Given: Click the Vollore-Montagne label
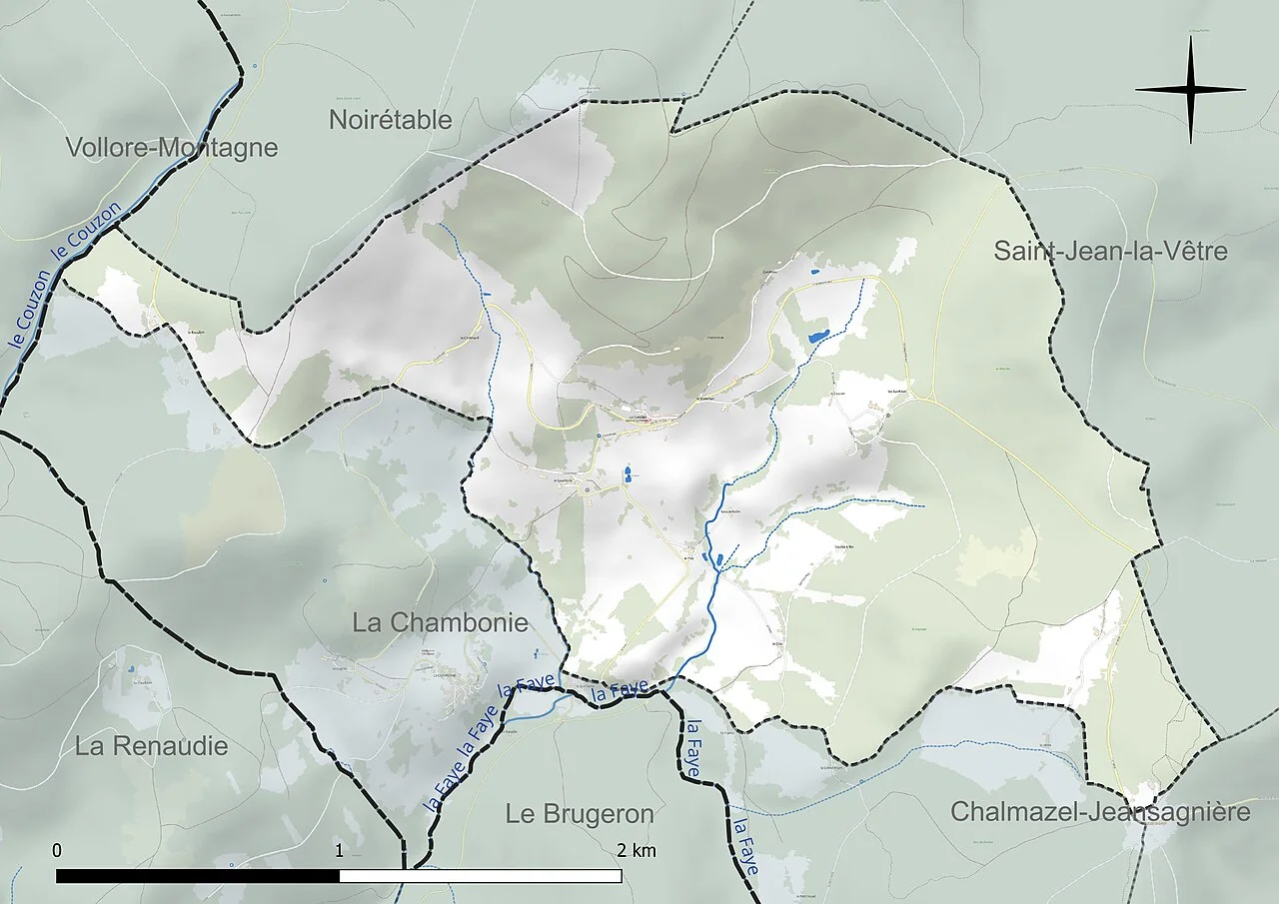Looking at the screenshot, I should (171, 148).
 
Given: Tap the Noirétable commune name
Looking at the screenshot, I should (390, 120).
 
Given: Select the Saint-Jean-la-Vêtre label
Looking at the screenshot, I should (1109, 251).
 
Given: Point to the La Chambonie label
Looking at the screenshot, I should (440, 621).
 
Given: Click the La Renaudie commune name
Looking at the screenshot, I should (151, 745).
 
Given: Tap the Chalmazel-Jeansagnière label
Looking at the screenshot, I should (1099, 811).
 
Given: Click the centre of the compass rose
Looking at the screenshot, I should (1190, 90).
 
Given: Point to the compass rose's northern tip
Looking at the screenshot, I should (1190, 38).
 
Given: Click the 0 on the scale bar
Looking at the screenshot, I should (57, 850).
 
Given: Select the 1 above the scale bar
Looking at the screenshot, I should (340, 850).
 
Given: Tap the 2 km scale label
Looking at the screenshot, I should (636, 850).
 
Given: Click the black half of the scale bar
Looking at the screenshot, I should (198, 876).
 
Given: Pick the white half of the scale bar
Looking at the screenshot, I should (481, 876).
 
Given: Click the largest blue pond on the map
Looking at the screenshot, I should (818, 337).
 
